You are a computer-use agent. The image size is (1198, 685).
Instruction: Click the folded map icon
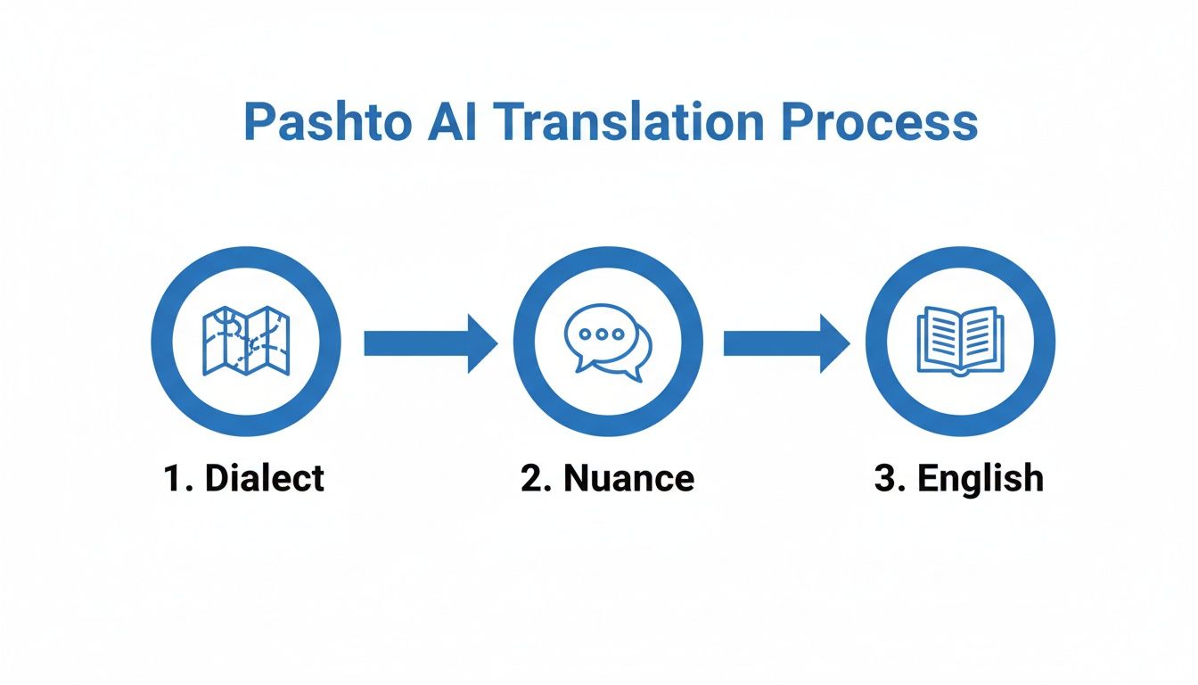tap(246, 342)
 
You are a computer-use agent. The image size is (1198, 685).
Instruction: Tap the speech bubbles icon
tap(608, 342)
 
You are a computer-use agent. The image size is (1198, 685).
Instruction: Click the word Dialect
tap(265, 479)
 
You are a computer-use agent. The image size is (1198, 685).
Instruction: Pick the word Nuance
tap(628, 479)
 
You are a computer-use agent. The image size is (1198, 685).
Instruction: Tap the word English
tap(981, 479)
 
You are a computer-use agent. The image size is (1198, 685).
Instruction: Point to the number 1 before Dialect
tap(173, 479)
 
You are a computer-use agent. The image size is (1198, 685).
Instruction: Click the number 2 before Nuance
tap(532, 479)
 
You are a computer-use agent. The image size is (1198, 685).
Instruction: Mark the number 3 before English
tap(885, 479)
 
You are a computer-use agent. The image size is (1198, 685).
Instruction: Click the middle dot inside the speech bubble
tap(598, 334)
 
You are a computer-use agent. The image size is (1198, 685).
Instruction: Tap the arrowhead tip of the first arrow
tap(495, 342)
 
